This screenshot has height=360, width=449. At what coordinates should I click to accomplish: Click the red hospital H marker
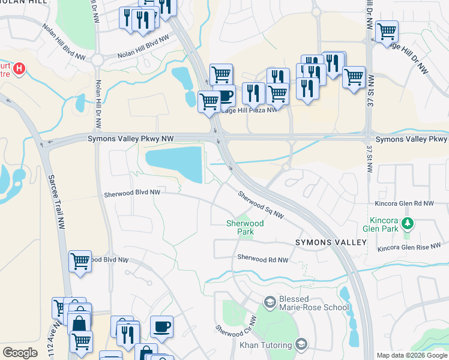pyautogui.click(x=19, y=69)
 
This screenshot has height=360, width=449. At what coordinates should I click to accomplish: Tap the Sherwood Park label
pyautogui.click(x=244, y=227)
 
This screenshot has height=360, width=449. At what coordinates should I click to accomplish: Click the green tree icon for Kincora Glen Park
pyautogui.click(x=408, y=224)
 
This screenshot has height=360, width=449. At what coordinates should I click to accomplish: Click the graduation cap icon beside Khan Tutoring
pyautogui.click(x=301, y=344)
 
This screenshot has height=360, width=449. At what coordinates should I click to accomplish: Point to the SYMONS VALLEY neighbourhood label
pyautogui.click(x=330, y=242)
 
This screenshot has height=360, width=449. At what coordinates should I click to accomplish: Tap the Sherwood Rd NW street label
pyautogui.click(x=262, y=259)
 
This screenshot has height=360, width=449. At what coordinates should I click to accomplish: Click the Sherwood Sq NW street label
pyautogui.click(x=260, y=205)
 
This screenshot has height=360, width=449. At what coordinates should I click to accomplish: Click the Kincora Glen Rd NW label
pyautogui.click(x=403, y=204)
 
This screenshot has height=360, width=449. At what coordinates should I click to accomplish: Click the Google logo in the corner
pyautogui.click(x=20, y=353)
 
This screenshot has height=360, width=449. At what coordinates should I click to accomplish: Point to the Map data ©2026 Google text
pyautogui.click(x=412, y=355)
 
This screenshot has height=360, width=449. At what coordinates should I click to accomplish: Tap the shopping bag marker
pyautogui.click(x=79, y=324)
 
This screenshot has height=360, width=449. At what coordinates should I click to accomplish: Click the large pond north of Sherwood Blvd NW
pyautogui.click(x=174, y=163)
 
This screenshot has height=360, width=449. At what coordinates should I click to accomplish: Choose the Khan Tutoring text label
pyautogui.click(x=266, y=345)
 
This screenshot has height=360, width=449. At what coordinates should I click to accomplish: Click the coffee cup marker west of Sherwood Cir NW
pyautogui.click(x=161, y=326)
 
